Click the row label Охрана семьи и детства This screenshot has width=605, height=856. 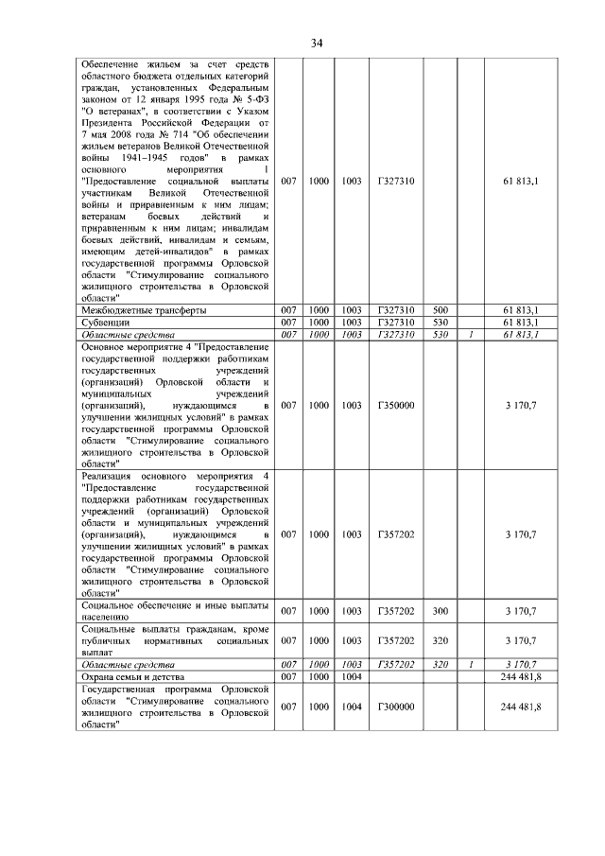pyautogui.click(x=132, y=678)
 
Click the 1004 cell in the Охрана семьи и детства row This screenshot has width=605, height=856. pyautogui.click(x=352, y=678)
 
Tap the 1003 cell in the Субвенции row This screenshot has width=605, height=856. pyautogui.click(x=352, y=323)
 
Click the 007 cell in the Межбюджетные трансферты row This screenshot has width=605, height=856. pyautogui.click(x=289, y=310)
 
